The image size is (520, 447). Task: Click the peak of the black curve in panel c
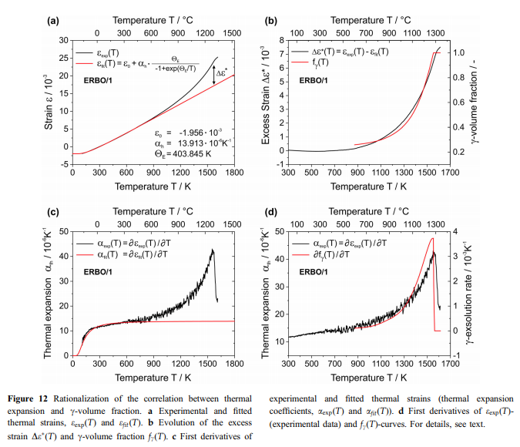(x=213, y=249)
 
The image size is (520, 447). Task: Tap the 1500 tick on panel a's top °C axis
(x=226, y=34)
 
